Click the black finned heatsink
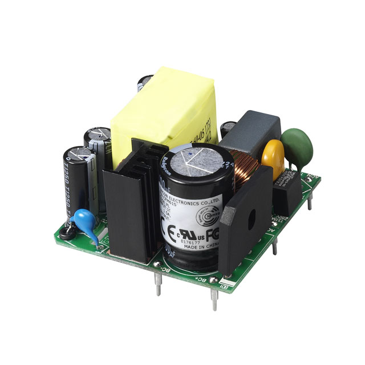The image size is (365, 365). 129,205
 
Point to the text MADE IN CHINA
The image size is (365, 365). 197,246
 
